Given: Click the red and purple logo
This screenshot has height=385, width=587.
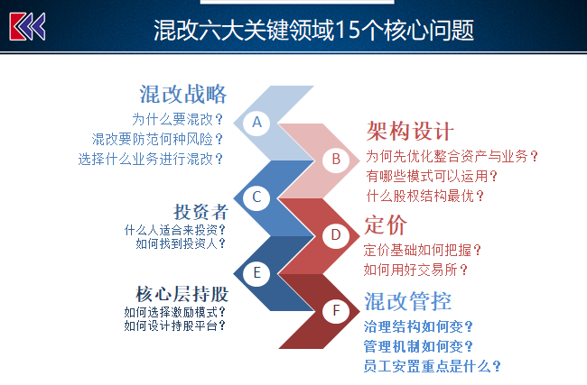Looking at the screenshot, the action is click(x=27, y=26).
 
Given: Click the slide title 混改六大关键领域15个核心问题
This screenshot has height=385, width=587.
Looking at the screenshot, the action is click(x=313, y=31).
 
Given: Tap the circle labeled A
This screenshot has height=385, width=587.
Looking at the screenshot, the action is click(x=256, y=123).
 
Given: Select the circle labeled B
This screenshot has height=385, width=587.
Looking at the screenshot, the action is click(x=336, y=160).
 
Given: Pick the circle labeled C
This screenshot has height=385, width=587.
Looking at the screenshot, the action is click(x=256, y=197).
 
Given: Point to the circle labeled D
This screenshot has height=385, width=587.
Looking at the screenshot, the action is click(x=336, y=235).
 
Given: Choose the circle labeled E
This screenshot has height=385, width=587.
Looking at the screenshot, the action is click(x=256, y=272).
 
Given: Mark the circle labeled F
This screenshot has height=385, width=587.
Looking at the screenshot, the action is click(x=336, y=311).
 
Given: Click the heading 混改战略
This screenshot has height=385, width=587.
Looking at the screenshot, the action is click(x=183, y=94).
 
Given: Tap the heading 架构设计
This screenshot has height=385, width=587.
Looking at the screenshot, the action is click(x=410, y=132).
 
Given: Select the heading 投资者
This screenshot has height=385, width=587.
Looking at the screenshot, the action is click(x=200, y=212).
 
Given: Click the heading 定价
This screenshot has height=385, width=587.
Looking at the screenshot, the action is click(x=386, y=225).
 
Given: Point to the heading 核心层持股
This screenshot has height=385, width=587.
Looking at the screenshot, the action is click(x=182, y=294).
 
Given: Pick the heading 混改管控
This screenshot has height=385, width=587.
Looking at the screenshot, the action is click(x=408, y=301).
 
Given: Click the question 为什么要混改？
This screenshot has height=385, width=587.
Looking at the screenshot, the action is click(x=177, y=120).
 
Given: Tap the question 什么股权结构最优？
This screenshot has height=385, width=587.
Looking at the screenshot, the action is click(x=425, y=196).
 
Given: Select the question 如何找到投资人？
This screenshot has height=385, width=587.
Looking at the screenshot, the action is click(x=181, y=243).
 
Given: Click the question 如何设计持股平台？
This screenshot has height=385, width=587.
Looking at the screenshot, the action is click(x=175, y=325).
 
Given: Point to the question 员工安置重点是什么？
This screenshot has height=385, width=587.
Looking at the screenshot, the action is click(x=433, y=366).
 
